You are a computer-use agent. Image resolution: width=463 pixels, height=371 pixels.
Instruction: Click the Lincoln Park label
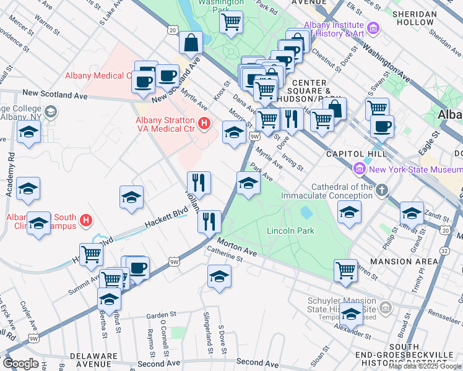coord(290,231)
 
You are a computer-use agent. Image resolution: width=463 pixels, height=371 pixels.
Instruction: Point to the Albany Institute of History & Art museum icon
coord(373,28)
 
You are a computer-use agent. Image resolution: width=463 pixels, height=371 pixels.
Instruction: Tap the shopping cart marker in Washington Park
coord(231,23)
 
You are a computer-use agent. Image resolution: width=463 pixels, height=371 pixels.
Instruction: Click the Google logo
coord(20,364)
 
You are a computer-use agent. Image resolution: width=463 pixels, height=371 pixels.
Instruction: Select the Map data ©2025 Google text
coord(425,366)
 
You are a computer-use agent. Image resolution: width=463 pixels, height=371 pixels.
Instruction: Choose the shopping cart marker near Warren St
coord(345,270)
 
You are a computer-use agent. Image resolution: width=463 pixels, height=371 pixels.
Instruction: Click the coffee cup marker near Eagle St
coord(382,126)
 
